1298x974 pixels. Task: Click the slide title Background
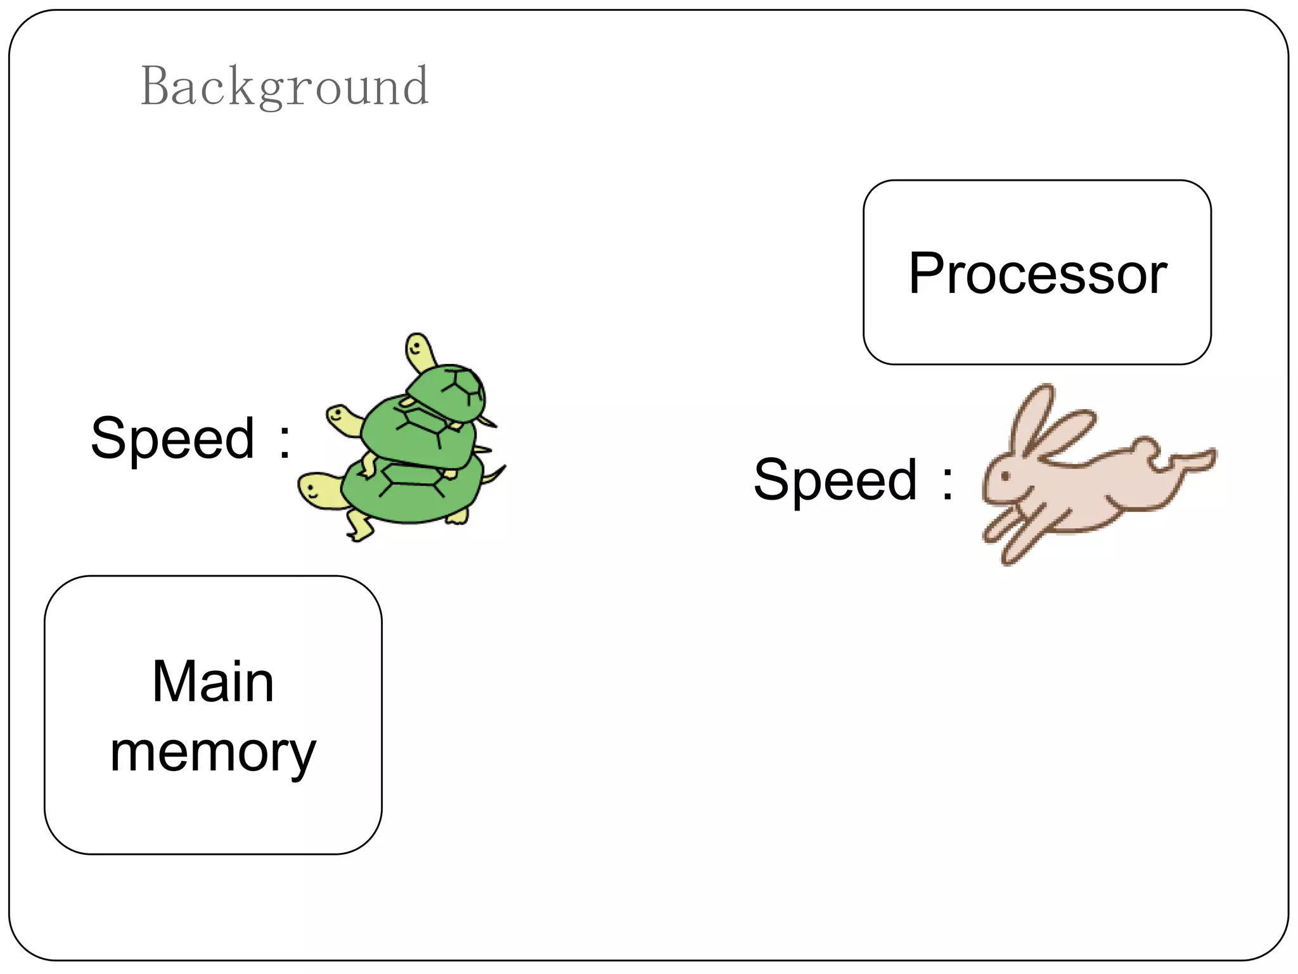click(x=285, y=86)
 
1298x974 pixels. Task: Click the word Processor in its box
click(x=1038, y=273)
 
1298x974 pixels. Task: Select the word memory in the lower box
click(x=213, y=753)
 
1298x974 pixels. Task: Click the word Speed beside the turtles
click(x=173, y=438)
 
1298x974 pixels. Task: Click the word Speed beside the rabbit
click(x=835, y=480)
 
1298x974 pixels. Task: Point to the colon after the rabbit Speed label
click(x=948, y=483)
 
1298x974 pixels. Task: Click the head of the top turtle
click(x=419, y=350)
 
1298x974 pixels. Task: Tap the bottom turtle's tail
click(x=495, y=474)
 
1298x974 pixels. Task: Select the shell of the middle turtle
click(x=418, y=431)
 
